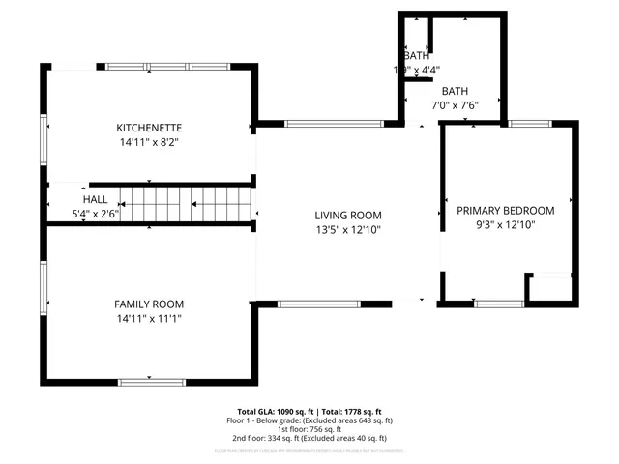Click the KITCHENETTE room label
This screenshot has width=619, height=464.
tap(149, 128)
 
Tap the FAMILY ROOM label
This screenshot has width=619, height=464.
tap(149, 304)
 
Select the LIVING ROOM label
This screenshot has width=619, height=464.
tap(348, 216)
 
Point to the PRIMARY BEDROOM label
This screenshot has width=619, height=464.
tap(506, 210)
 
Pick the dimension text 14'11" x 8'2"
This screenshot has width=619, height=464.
tap(149, 142)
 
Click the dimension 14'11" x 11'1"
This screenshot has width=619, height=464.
tap(149, 318)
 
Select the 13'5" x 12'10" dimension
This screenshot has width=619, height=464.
tap(348, 230)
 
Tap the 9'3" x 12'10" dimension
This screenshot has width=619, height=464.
tap(506, 224)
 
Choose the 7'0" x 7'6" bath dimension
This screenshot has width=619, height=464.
tap(455, 105)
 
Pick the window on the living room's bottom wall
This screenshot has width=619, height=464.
tap(319, 304)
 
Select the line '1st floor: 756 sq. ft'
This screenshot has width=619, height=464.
tap(309, 429)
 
